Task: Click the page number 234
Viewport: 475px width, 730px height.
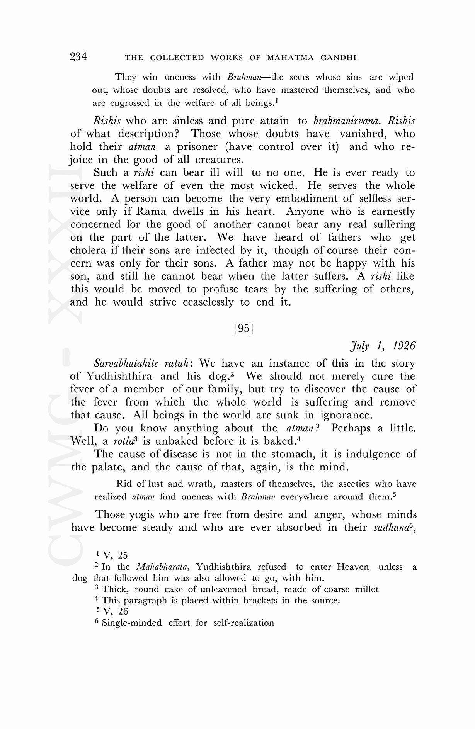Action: point(79,57)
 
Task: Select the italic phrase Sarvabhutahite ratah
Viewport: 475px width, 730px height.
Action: point(141,363)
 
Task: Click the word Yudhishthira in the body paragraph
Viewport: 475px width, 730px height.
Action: point(119,376)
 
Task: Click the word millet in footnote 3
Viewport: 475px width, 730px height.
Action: point(366,589)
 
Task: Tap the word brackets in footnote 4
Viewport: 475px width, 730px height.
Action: point(260,601)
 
